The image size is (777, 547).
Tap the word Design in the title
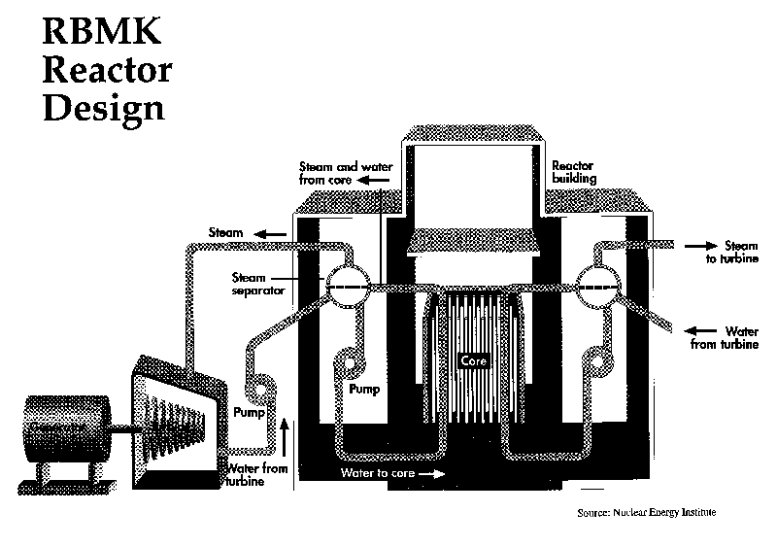(103, 106)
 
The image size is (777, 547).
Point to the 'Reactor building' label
(574, 173)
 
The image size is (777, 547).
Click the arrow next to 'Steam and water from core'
(372, 180)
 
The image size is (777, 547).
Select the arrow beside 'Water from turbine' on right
(702, 330)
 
